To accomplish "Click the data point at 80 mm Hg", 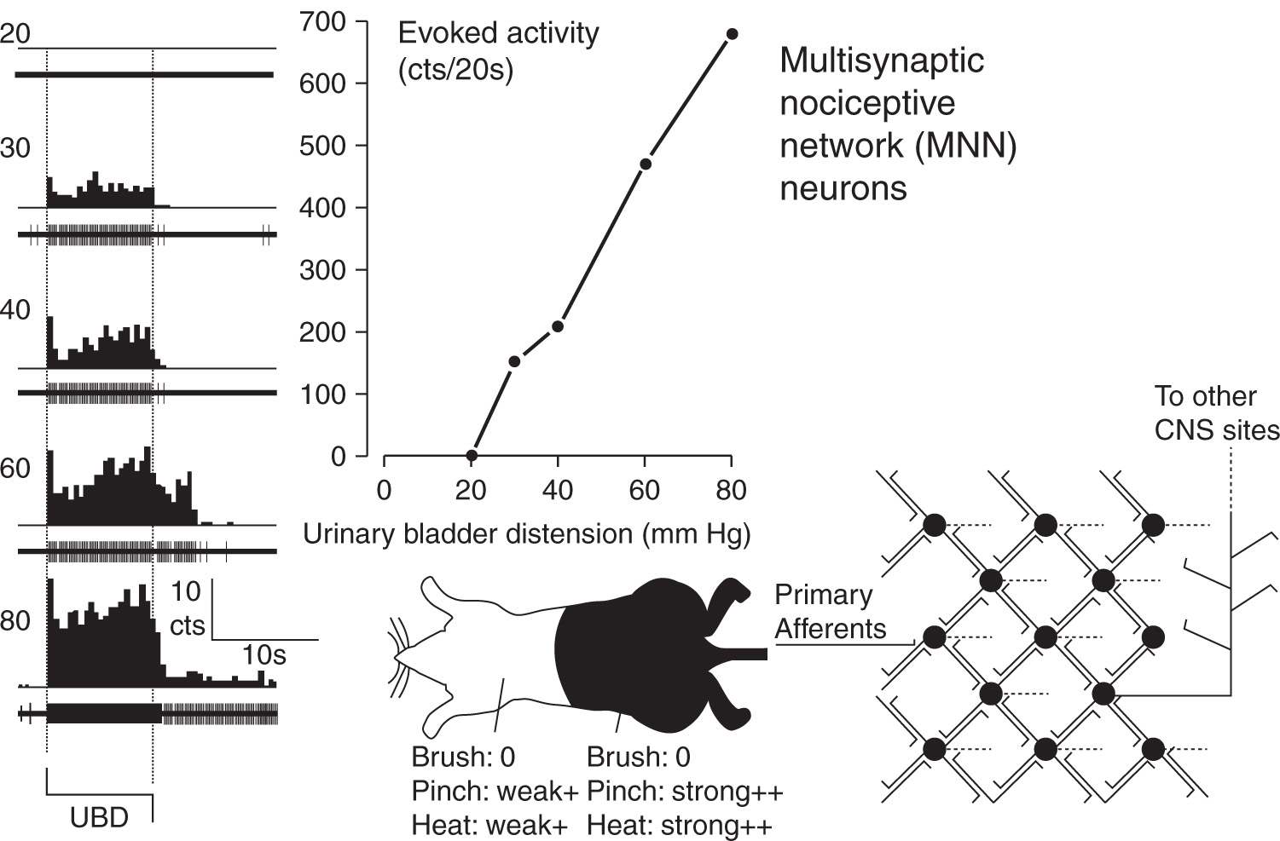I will [x=732, y=34].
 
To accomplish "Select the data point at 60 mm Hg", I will [x=646, y=164].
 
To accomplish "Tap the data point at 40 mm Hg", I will [x=558, y=326].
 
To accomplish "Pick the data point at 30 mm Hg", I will [x=514, y=361].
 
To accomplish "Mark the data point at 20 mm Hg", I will [x=472, y=456].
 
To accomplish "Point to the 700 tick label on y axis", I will [x=323, y=22].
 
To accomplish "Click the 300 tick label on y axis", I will [x=323, y=270].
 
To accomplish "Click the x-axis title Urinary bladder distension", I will [x=526, y=534].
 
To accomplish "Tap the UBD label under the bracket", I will [x=99, y=818].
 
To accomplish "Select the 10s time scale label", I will [x=264, y=655].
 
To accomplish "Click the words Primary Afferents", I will [x=830, y=612].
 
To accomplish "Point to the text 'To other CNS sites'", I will [x=1216, y=413].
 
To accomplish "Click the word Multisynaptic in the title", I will [x=882, y=60].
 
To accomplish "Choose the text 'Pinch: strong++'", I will [x=684, y=792].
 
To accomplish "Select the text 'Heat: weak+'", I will [x=489, y=826].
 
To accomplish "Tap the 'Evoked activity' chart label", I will [x=498, y=34].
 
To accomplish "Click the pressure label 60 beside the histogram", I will [x=15, y=469].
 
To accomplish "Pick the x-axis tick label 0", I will [x=385, y=490].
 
